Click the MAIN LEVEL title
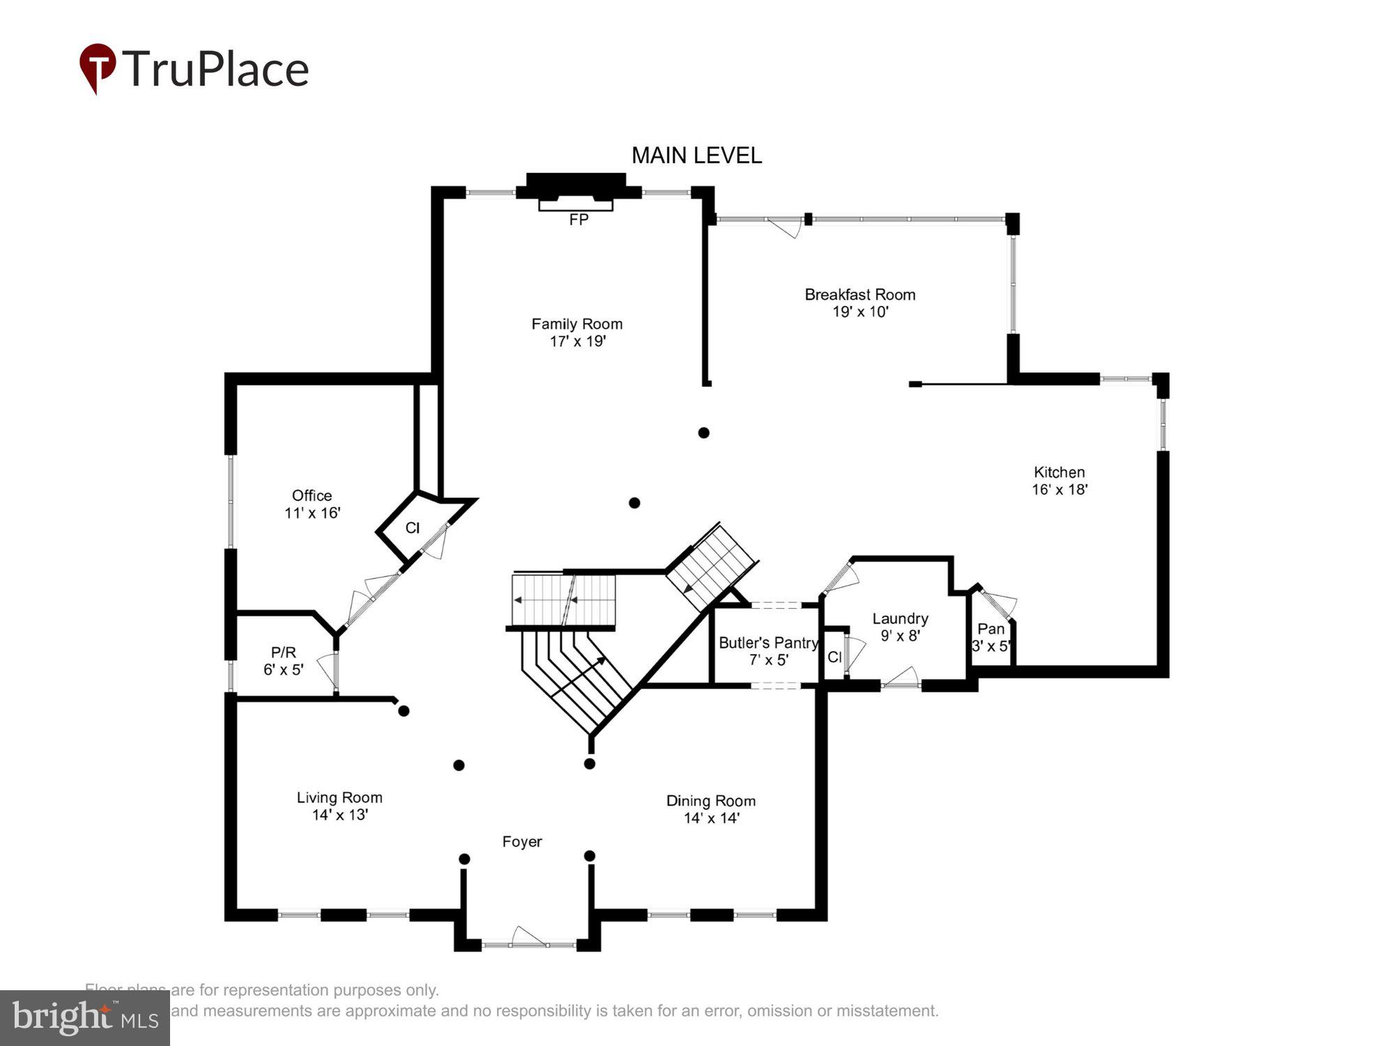(x=696, y=156)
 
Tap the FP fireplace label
(x=579, y=220)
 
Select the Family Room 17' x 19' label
(x=577, y=333)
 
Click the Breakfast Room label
(x=860, y=303)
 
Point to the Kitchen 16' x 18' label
(x=1059, y=480)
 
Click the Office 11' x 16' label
(x=312, y=504)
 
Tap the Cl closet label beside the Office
(x=413, y=528)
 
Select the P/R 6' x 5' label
(x=283, y=660)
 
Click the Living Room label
(x=339, y=805)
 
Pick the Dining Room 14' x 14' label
(x=711, y=809)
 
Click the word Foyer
(x=522, y=842)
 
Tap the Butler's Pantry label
(x=768, y=651)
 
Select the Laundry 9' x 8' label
(x=900, y=626)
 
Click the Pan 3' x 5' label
(x=990, y=637)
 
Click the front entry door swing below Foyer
(x=528, y=936)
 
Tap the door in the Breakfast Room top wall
(x=786, y=227)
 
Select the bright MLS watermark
(x=85, y=1018)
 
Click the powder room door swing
(x=327, y=669)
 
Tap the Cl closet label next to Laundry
(x=834, y=657)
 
